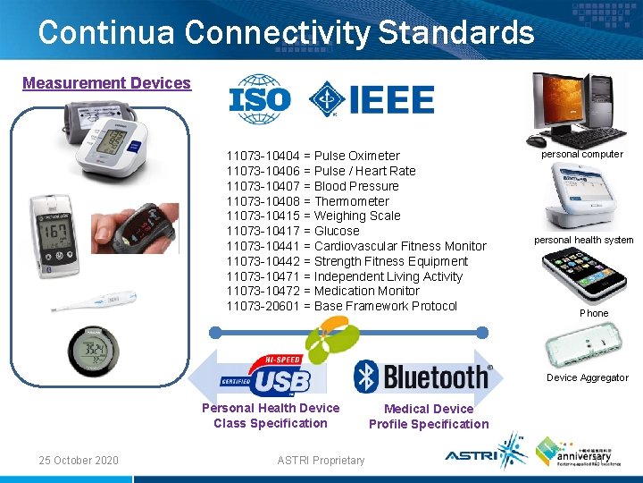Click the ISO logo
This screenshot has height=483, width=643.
260,99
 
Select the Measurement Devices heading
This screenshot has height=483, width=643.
107,83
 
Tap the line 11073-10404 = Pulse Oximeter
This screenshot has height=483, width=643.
313,156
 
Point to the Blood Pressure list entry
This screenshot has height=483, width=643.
313,186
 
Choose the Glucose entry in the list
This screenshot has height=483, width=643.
293,231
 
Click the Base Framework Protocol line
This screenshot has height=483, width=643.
341,306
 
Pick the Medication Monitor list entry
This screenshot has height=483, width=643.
322,291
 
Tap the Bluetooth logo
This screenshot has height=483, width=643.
422,377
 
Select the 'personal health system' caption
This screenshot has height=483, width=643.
584,240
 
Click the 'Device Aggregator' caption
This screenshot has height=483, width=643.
587,377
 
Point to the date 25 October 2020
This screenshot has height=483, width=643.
79,460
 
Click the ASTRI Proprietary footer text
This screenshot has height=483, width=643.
321,460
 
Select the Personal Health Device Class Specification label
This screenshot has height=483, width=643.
271,415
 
